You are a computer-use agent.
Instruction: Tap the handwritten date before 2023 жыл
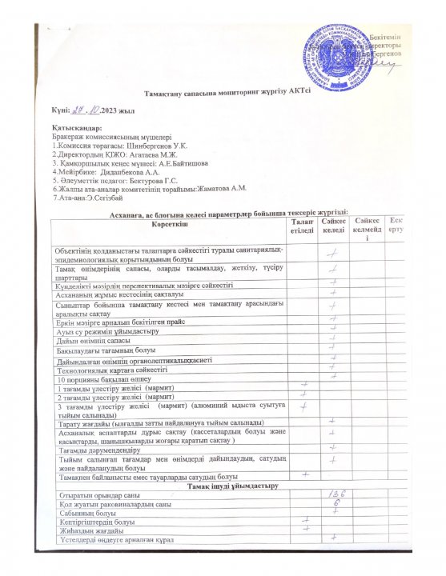pyautogui.click(x=85, y=112)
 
